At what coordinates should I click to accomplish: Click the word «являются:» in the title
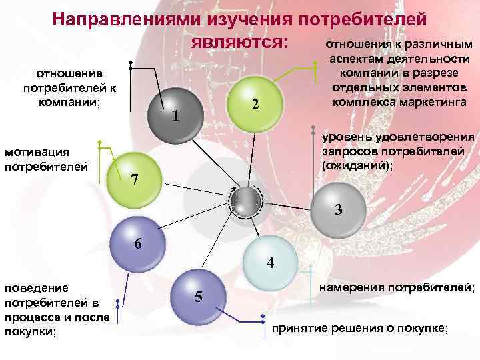[239, 41]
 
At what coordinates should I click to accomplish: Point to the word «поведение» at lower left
[37, 288]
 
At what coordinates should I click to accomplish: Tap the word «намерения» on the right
[351, 288]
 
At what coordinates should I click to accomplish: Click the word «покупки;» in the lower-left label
[31, 332]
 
